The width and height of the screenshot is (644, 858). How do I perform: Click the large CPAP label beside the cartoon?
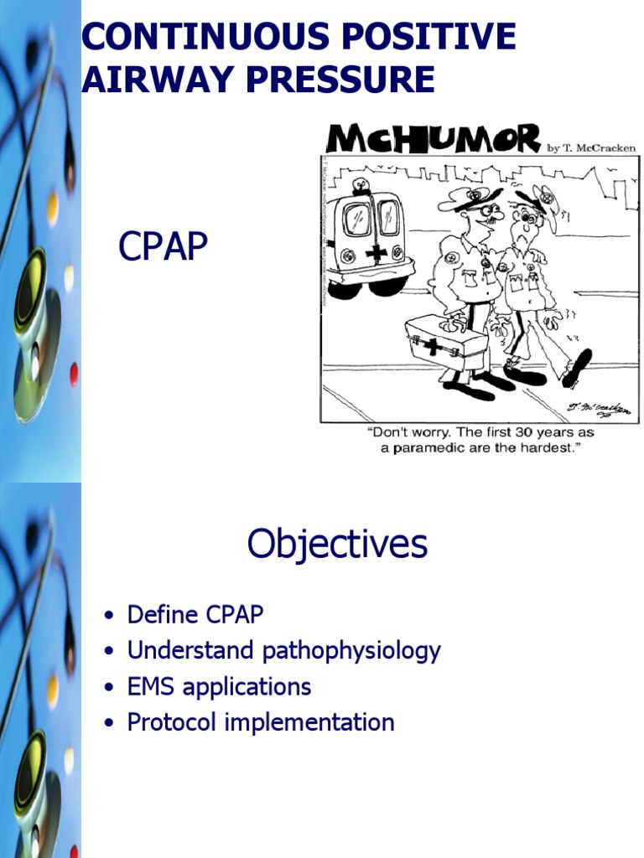tap(163, 247)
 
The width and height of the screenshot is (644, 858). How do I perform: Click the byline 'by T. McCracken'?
tap(591, 147)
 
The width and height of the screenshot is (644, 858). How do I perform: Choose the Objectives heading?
tap(337, 544)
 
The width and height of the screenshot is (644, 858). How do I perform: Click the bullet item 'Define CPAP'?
tap(195, 614)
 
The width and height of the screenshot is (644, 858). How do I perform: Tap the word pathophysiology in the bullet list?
tap(351, 651)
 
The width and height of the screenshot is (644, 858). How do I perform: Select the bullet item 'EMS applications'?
tap(219, 687)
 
